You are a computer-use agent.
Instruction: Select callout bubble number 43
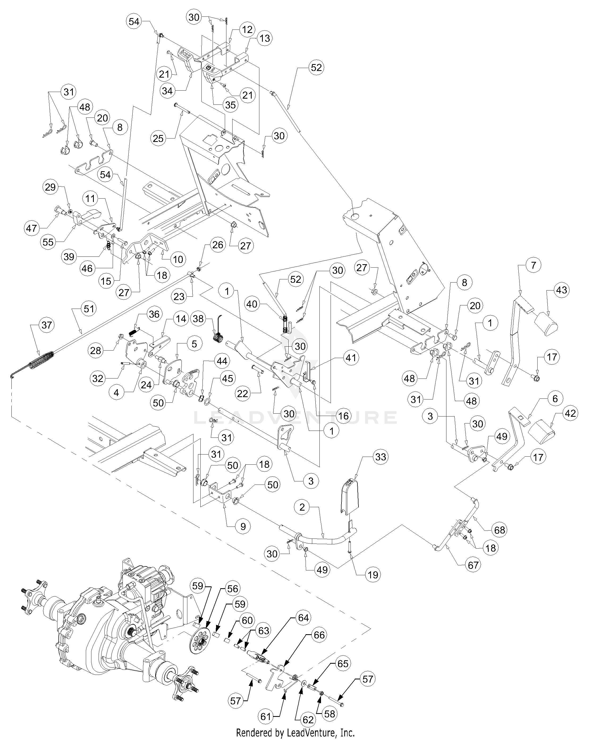pyautogui.click(x=562, y=290)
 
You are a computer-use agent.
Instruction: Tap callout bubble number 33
pyautogui.click(x=380, y=457)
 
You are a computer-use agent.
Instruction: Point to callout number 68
pyautogui.click(x=499, y=530)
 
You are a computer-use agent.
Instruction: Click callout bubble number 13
pyautogui.click(x=265, y=39)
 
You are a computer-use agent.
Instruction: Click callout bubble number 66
pyautogui.click(x=319, y=635)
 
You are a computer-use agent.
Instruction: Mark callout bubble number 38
pyautogui.click(x=198, y=319)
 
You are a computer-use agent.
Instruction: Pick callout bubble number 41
pyautogui.click(x=351, y=358)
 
